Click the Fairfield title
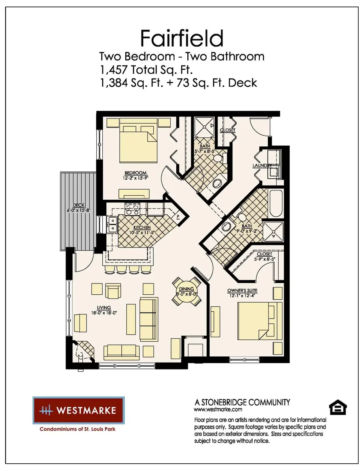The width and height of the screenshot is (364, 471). (182, 38)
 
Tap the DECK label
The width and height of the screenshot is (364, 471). (78, 205)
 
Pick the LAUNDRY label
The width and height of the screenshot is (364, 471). (261, 166)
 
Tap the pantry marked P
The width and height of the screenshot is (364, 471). (177, 217)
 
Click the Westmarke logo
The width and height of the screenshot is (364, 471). (78, 410)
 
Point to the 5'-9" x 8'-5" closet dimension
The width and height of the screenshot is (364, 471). (264, 259)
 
